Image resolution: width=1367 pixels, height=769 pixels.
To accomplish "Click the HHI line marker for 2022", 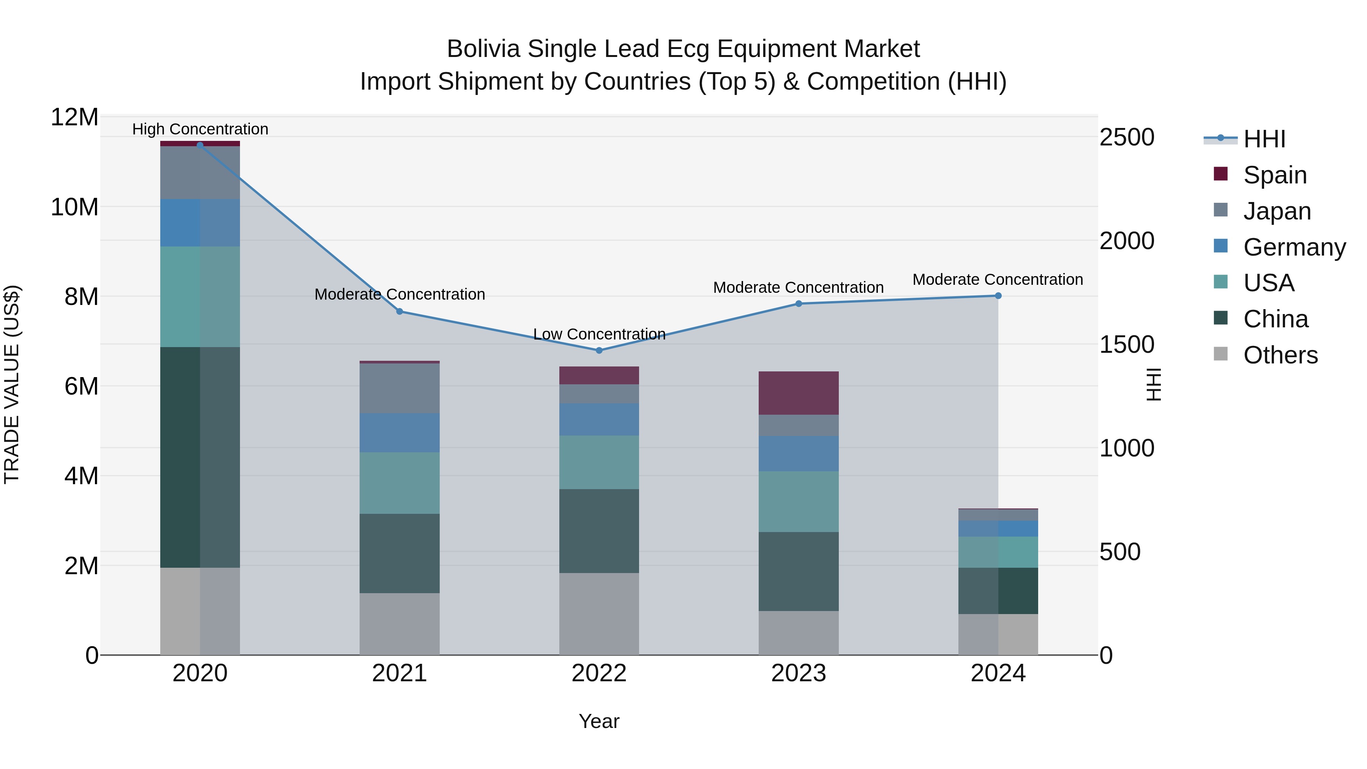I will pos(599,350).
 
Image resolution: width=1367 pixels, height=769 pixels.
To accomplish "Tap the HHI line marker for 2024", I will pos(998,295).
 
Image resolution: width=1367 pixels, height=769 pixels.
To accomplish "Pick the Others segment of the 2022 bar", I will pos(599,614).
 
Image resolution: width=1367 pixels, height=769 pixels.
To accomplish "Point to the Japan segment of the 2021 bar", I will pos(399,388).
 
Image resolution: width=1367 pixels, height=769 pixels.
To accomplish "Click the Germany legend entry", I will pos(1294,247).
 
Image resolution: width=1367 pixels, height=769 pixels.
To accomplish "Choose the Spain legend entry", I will pos(1275,175).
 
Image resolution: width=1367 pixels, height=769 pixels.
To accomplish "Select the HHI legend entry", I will pos(1264,139).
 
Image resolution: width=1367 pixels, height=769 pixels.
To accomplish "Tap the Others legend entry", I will pos(1280,355).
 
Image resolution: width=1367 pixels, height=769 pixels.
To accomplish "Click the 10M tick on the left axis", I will pos(74,207).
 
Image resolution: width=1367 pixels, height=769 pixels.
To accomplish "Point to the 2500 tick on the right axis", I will pos(1127,137).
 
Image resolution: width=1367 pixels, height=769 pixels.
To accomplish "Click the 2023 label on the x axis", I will pos(799,673).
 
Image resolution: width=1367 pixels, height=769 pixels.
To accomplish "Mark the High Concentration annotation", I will pos(200,129).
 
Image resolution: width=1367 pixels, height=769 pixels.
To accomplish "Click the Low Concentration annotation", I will pos(599,334).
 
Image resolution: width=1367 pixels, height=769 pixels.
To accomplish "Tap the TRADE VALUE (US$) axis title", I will pos(12,384).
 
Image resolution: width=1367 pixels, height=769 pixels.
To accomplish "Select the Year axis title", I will pos(599,721).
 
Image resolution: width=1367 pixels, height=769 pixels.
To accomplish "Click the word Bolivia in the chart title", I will pos(483,49).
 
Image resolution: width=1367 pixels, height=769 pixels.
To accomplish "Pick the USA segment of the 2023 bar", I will pos(799,502).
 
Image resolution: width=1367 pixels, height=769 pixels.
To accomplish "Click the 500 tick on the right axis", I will pos(1120,552).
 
